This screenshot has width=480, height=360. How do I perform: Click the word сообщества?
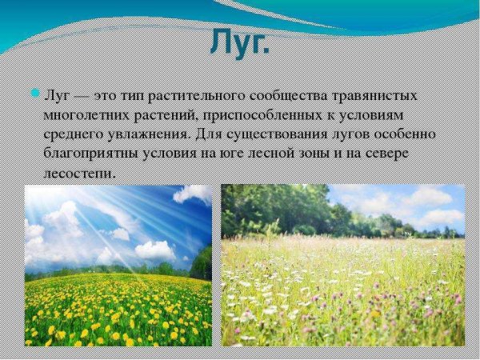pos(259,95)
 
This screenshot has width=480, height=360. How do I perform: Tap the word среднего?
pos(76,134)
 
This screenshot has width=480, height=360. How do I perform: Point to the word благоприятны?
pos(92,153)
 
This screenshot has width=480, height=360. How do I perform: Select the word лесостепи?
pos(79,172)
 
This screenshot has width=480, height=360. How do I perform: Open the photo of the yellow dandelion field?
pos(118,266)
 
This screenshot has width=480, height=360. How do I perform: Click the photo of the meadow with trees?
pos(342,266)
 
